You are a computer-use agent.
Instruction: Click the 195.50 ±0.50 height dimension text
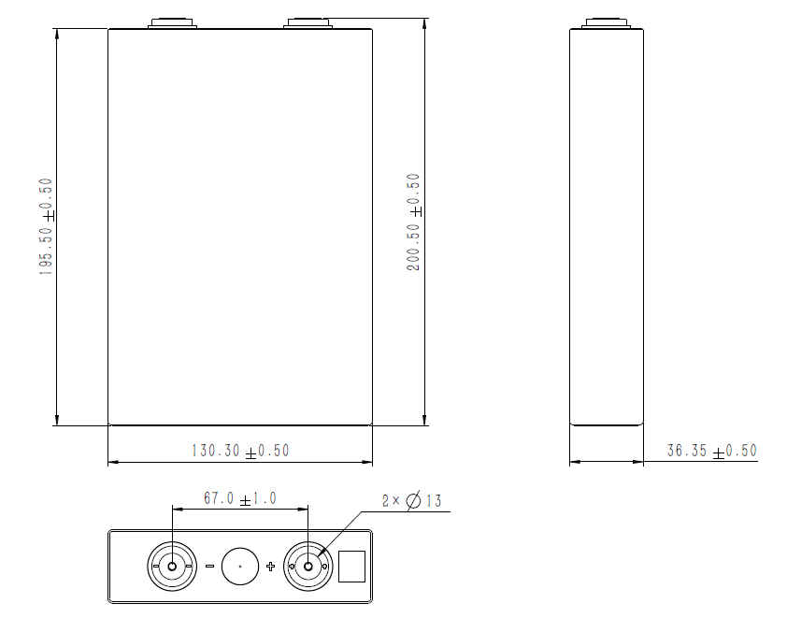45,225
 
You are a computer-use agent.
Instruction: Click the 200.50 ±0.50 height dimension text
413,222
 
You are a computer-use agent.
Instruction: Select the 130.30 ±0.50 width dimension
240,451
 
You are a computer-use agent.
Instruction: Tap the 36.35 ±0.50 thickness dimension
710,451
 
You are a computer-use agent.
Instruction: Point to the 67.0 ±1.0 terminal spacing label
240,499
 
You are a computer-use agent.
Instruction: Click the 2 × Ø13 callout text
411,501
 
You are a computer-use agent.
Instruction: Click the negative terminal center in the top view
172,567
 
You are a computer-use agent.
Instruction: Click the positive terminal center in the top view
308,567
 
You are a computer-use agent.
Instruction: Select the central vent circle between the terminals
240,567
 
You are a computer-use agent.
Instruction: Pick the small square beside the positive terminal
351,567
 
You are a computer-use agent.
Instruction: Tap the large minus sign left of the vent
209,567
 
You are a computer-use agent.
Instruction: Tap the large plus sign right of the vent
271,567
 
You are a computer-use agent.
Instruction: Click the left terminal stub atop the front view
173,22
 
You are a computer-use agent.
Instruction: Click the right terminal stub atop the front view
308,22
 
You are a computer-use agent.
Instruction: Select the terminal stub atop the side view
607,22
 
